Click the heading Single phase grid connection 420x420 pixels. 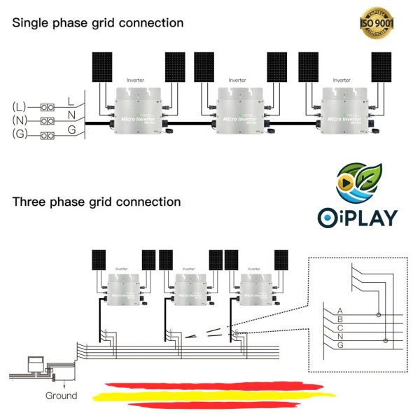coord(98,22)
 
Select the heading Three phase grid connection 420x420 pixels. coord(97,202)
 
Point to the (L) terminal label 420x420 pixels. coord(20,107)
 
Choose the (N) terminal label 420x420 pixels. coord(20,120)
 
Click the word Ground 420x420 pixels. coord(62,395)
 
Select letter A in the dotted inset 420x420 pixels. coord(340,310)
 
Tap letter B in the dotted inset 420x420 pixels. coord(340,318)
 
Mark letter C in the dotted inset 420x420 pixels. coord(340,328)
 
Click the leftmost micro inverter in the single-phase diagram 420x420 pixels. coord(136,111)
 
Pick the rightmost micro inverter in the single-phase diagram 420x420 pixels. coord(343,111)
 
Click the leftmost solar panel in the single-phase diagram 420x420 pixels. coord(104,66)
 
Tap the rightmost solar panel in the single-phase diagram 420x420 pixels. coord(381,66)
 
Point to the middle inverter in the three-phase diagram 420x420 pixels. coord(187,290)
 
